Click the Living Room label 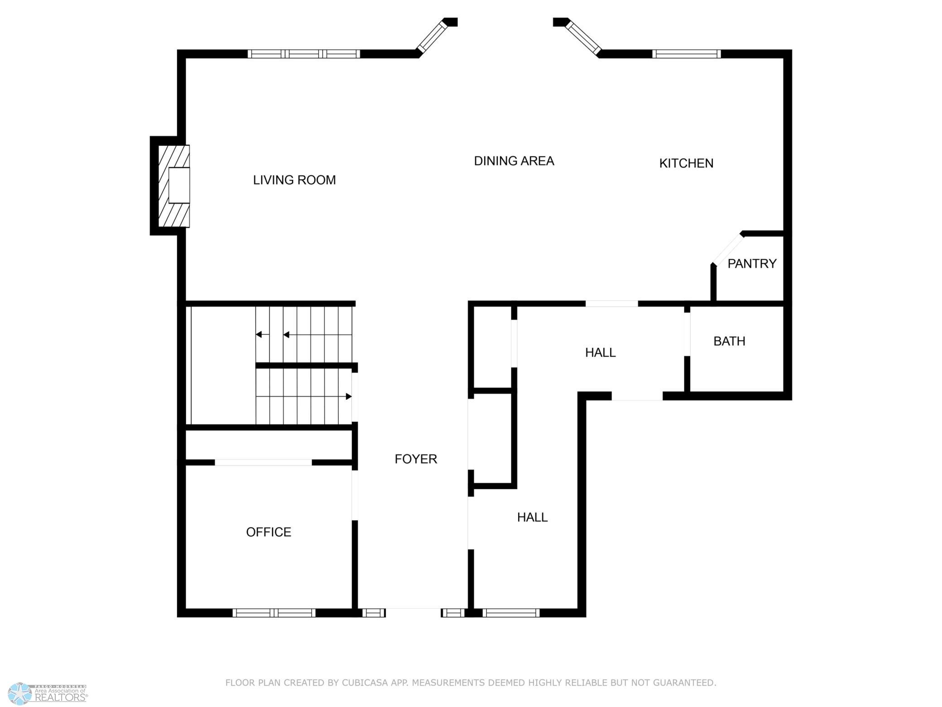point(294,180)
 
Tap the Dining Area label point(514,161)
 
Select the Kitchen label point(686,163)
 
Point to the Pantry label point(752,263)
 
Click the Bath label point(729,341)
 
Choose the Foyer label point(416,459)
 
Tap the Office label point(269,532)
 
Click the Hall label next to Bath point(600,352)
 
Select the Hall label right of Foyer point(532,517)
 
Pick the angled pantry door point(728,249)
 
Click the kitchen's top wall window point(687,54)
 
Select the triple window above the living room point(304,54)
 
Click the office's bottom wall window point(274,613)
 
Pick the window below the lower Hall point(511,613)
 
